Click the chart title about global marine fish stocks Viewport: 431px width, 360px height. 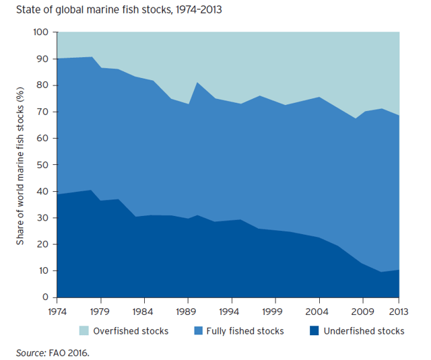pos(119,10)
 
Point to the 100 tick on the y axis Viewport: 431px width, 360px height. pos(41,32)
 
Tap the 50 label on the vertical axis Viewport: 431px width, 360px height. pos(42,165)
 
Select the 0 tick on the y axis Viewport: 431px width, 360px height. pos(46,297)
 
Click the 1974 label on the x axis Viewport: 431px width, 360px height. pos(57,312)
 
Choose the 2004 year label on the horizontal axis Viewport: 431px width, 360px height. pos(317,312)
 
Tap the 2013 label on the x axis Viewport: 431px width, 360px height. pos(398,312)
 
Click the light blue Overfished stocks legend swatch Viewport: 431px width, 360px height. pos(84,330)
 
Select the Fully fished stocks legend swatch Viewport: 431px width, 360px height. pos(198,330)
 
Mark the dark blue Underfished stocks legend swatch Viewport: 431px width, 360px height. pos(314,330)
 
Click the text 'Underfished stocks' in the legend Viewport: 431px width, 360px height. pos(364,331)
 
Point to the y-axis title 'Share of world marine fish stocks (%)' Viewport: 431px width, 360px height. pos(20,166)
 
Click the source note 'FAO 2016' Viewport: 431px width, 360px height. pos(69,353)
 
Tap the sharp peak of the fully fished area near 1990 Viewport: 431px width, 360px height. pos(197,82)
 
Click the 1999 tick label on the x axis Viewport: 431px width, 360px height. pos(272,312)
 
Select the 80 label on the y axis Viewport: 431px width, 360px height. pos(42,85)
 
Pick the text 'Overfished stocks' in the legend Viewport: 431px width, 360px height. pos(131,331)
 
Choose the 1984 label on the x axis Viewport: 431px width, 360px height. pos(143,312)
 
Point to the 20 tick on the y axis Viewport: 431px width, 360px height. pos(42,244)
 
